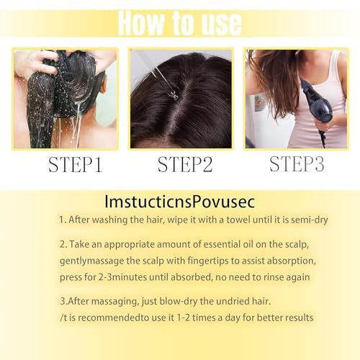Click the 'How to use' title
tap(180, 23)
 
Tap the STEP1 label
tap(76, 165)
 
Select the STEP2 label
tap(185, 164)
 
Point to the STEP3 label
tap(297, 163)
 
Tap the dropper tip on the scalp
tap(174, 96)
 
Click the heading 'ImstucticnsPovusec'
tap(179, 202)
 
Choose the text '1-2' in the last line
tap(184, 318)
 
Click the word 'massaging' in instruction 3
tap(109, 302)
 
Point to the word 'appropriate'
tap(130, 245)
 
